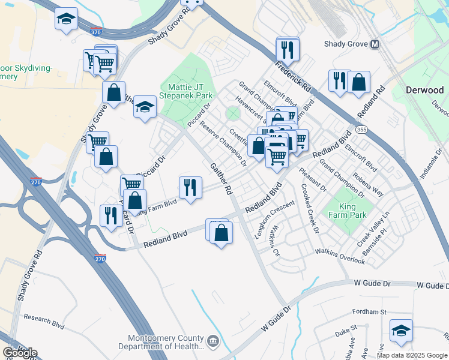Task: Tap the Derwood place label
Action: pos(425,90)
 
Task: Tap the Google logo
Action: pos(20,353)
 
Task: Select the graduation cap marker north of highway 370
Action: pos(66,19)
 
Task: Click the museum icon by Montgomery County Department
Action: pos(213,342)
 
